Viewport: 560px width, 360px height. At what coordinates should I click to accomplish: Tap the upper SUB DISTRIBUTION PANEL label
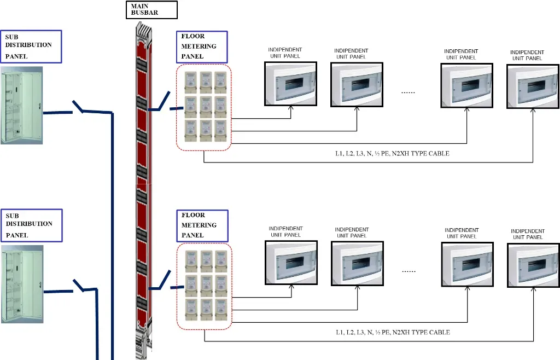pyautogui.click(x=31, y=46)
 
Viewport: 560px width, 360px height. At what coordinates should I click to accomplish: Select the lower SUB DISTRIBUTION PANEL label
pyautogui.click(x=31, y=225)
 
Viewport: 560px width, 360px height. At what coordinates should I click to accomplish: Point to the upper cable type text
pyautogui.click(x=392, y=154)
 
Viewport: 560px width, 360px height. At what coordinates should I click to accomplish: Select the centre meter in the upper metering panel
pyautogui.click(x=206, y=104)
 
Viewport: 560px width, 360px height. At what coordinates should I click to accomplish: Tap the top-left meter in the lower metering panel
pyautogui.click(x=191, y=259)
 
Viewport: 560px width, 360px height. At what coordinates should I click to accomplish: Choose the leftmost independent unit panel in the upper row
pyautogui.click(x=290, y=84)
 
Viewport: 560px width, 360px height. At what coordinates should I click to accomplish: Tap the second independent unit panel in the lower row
pyautogui.click(x=357, y=265)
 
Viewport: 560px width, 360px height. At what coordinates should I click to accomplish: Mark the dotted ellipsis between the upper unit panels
pyautogui.click(x=408, y=92)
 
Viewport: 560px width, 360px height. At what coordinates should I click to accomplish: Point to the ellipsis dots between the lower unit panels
pyautogui.click(x=408, y=271)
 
